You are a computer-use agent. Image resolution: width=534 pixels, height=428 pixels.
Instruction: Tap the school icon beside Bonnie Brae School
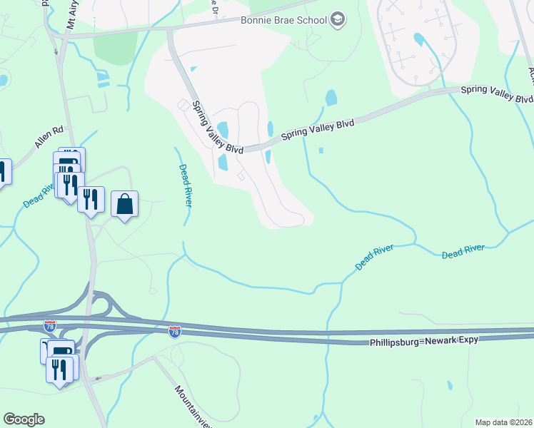[x=338, y=20]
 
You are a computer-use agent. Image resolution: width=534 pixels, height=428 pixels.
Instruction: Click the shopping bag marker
[x=125, y=204]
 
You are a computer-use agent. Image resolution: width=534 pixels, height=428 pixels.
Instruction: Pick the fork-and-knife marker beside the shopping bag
[x=91, y=199]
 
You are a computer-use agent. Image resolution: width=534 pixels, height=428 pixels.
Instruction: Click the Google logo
[x=24, y=419]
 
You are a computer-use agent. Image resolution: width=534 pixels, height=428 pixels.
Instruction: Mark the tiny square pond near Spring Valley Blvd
[x=321, y=151]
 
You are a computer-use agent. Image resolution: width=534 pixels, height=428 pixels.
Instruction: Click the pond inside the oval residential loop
[x=418, y=39]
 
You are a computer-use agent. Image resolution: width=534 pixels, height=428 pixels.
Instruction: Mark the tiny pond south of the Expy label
[x=450, y=386]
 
